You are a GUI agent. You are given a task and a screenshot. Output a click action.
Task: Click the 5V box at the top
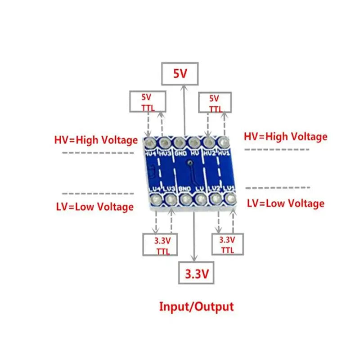pos(180,73)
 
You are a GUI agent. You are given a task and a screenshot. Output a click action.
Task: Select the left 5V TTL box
pos(147,102)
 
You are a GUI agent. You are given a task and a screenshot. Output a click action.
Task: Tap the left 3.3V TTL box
pos(160,245)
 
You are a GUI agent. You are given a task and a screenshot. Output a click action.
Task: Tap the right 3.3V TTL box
pos(227,244)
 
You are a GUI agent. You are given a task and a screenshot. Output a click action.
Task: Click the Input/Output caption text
pos(197,307)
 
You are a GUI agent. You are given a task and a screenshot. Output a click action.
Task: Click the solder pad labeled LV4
pos(155,198)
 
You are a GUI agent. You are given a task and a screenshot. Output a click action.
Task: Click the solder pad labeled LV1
pos(231,198)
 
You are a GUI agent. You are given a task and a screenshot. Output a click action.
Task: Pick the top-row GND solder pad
pos(179,143)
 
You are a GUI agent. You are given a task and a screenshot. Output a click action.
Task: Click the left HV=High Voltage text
pos(96,140)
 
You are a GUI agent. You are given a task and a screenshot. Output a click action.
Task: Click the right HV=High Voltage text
pos(285,136)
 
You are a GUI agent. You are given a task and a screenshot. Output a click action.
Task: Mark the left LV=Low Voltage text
pos(95,207)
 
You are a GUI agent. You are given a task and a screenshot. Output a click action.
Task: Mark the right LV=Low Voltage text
pos(285,203)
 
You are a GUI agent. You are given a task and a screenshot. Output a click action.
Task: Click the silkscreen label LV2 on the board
pos(214,188)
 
